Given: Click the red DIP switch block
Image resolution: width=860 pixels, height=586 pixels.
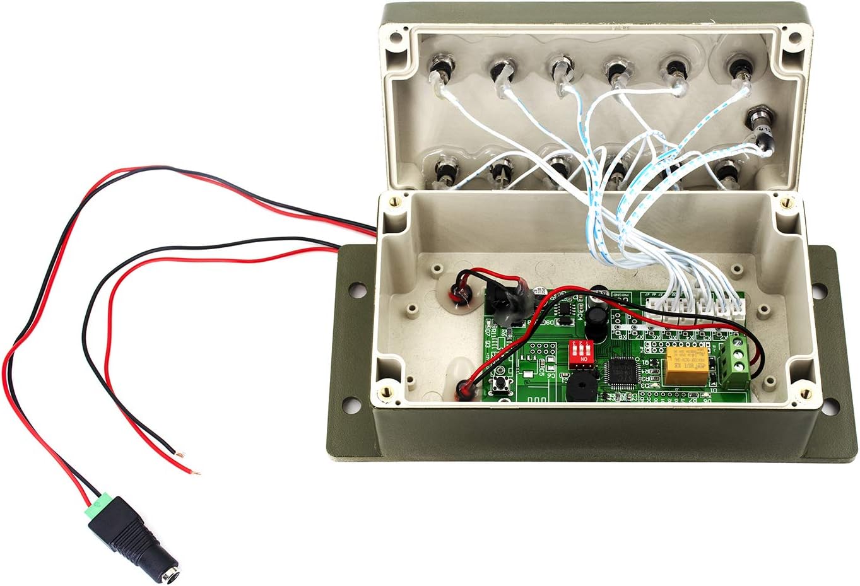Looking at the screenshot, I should click(x=582, y=349).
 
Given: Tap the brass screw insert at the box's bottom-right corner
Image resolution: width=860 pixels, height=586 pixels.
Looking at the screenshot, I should click(x=803, y=394).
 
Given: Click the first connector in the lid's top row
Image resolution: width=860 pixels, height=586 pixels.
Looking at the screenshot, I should click(x=442, y=66).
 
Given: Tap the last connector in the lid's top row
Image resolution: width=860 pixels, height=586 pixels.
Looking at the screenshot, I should click(x=736, y=66).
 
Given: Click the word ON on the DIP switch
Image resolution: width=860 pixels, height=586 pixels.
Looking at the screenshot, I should click(x=584, y=358).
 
